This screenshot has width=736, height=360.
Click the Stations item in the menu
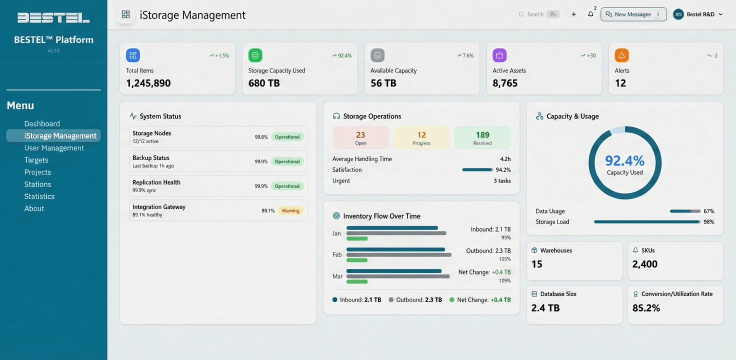click(x=38, y=184)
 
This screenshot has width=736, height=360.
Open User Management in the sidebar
click(x=54, y=148)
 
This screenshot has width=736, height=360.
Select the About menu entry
click(x=34, y=208)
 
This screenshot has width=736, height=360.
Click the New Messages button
click(x=633, y=14)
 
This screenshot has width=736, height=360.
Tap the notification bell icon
click(x=590, y=14)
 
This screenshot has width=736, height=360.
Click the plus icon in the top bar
click(x=573, y=14)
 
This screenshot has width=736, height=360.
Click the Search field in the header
click(x=537, y=14)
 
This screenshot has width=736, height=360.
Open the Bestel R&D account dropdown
click(x=698, y=14)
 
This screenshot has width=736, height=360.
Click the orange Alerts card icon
click(x=621, y=55)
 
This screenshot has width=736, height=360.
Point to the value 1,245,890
click(x=148, y=83)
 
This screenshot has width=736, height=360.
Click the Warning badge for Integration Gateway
click(x=290, y=210)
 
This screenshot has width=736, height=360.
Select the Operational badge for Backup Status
click(x=287, y=161)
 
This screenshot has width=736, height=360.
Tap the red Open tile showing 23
click(x=360, y=137)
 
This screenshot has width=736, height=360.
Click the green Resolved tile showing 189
click(x=482, y=137)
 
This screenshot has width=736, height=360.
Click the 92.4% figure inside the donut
click(x=624, y=160)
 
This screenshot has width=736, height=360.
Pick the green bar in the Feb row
click(x=357, y=260)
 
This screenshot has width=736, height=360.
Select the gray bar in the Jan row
click(x=396, y=233)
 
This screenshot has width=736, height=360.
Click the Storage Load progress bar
click(x=646, y=221)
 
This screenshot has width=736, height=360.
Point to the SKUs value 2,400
click(x=644, y=264)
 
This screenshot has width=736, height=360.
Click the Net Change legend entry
click(x=480, y=300)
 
